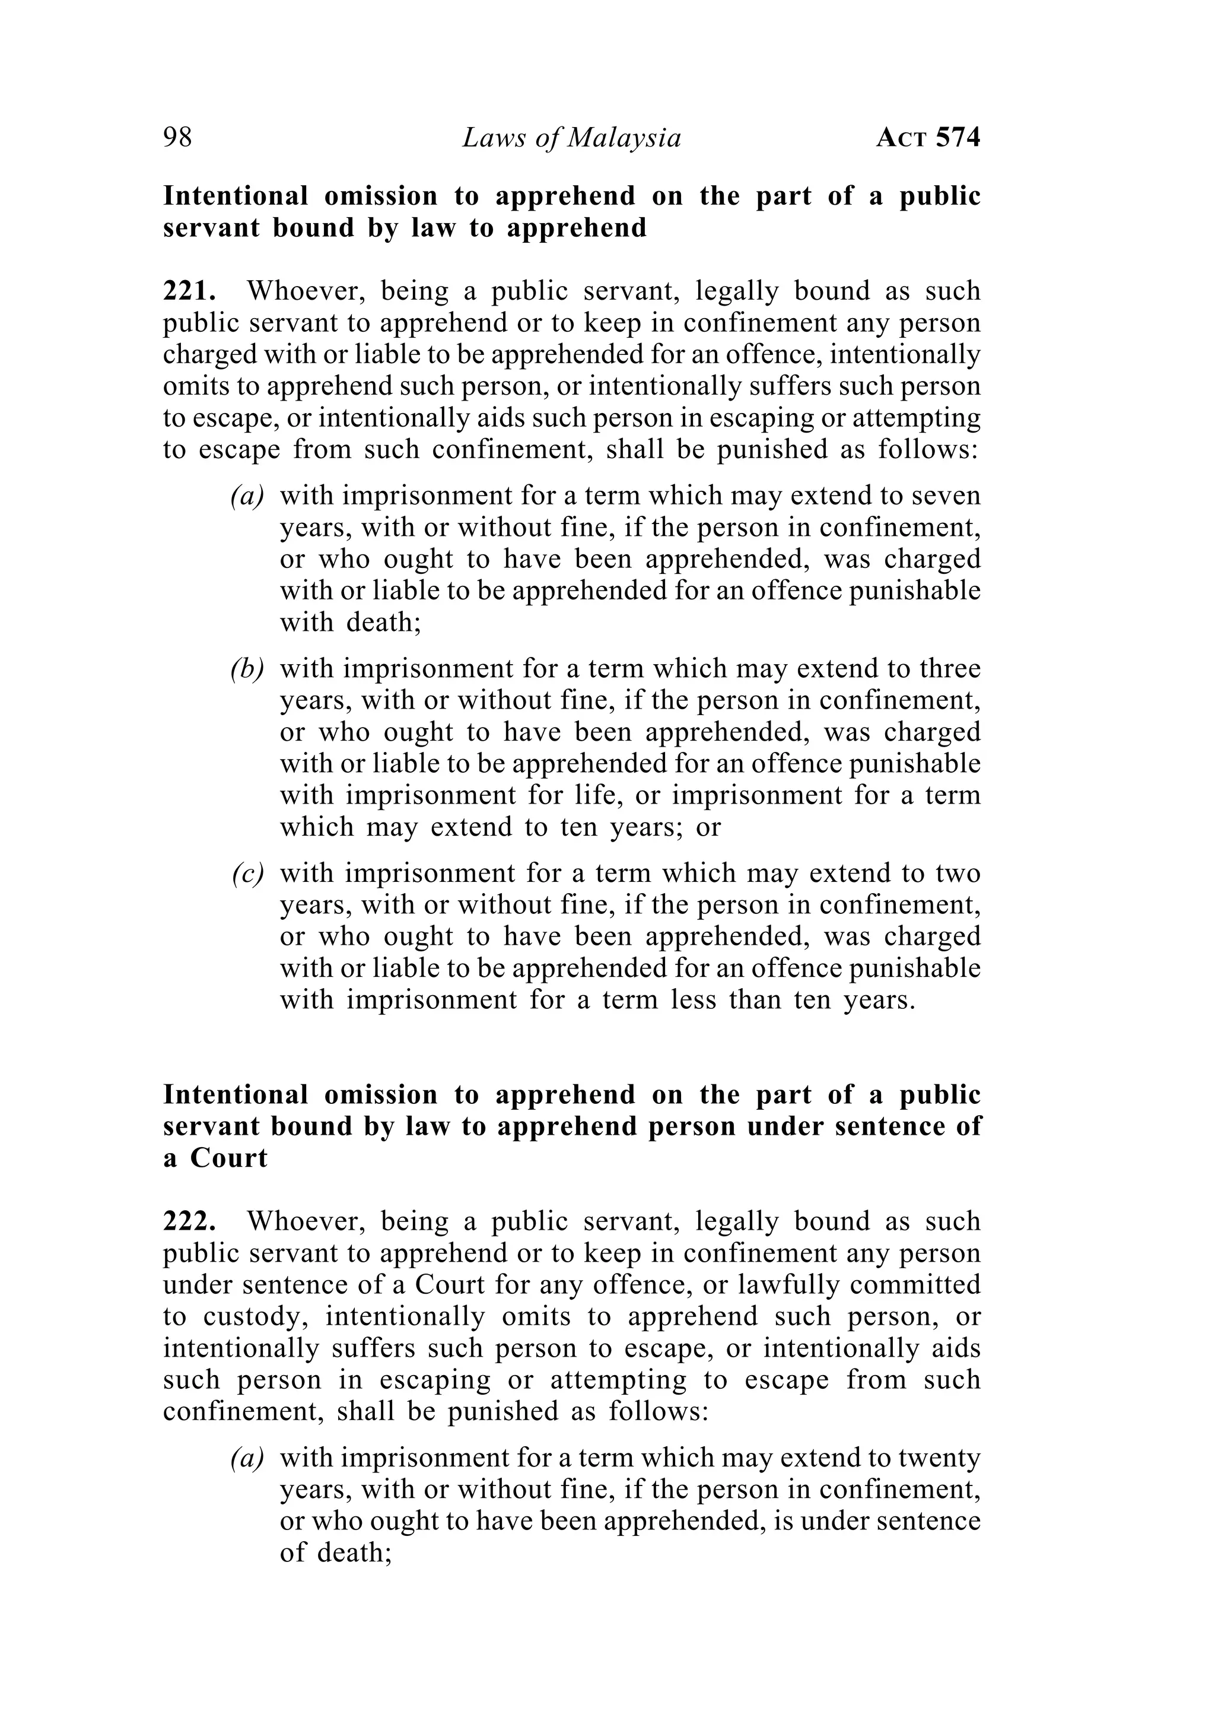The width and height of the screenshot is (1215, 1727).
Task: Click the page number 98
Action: [177, 138]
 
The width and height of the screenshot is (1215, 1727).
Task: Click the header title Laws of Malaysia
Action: [571, 138]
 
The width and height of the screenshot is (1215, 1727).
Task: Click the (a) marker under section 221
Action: [247, 496]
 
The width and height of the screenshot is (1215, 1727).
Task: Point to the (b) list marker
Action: [247, 669]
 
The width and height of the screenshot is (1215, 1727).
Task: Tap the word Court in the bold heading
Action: [228, 1158]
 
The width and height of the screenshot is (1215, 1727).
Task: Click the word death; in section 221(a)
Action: [383, 623]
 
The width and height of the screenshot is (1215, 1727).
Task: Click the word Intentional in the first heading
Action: [236, 196]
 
